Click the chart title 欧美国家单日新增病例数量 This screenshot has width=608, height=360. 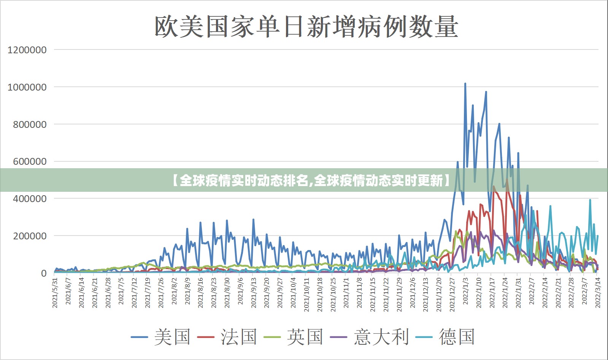click(306, 27)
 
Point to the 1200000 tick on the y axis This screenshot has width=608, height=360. click(27, 50)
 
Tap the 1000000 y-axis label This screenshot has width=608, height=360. click(27, 87)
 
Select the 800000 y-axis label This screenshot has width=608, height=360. click(30, 124)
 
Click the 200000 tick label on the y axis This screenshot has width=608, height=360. click(30, 236)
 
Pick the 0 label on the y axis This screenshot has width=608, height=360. click(44, 273)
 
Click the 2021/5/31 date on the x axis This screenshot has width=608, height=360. click(56, 293)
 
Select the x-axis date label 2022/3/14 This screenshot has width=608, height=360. click(598, 293)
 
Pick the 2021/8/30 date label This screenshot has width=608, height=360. click(227, 293)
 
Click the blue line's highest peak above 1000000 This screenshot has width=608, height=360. click(465, 84)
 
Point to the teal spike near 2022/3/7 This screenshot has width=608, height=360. click(590, 200)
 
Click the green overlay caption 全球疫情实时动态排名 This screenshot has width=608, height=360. click(243, 180)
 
